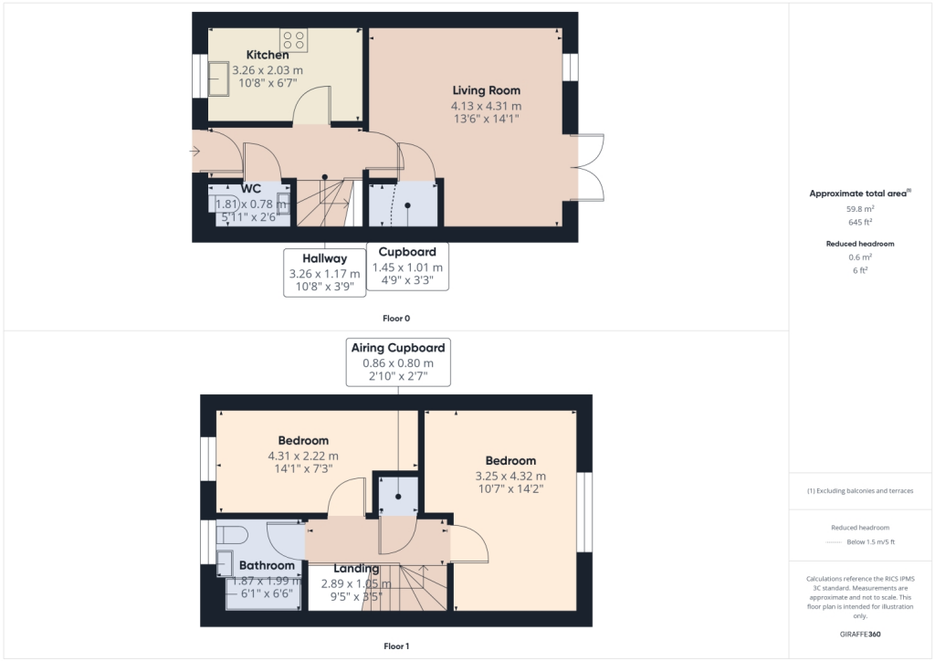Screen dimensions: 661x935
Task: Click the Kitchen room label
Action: (x=268, y=56)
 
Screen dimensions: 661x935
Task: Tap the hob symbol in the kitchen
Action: (x=294, y=39)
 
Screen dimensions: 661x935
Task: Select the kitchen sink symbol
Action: (x=219, y=78)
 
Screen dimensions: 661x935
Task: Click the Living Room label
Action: (x=487, y=90)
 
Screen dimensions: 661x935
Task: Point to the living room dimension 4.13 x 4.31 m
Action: (x=487, y=105)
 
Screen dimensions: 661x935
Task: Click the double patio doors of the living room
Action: (x=590, y=166)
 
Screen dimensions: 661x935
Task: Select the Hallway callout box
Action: (x=324, y=272)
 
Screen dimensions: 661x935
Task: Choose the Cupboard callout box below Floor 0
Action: (x=407, y=266)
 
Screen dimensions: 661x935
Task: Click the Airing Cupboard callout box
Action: (x=398, y=362)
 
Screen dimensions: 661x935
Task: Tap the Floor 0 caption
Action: (x=396, y=319)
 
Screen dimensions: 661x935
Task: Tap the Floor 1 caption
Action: (x=396, y=646)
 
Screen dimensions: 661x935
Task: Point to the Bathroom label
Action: (x=267, y=565)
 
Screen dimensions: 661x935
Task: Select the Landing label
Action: (x=356, y=568)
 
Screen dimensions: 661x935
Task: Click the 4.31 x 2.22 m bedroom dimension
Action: (x=303, y=456)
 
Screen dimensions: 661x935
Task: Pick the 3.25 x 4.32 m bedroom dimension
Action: (x=510, y=476)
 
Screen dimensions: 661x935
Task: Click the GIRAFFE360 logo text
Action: (x=861, y=634)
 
